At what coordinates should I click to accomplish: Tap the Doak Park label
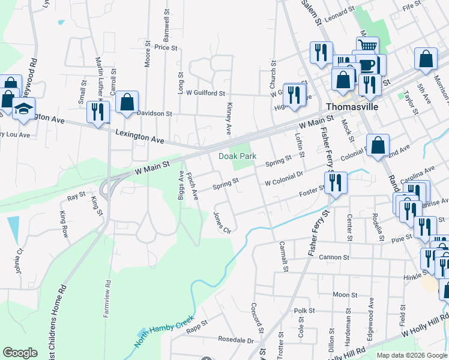coord(237,156)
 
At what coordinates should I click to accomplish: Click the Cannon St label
coord(334,257)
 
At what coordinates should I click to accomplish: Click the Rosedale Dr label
coord(236,340)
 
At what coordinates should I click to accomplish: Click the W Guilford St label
coord(205,93)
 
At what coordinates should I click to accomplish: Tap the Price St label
coord(166,47)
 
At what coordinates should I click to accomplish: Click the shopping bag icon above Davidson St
coord(127,102)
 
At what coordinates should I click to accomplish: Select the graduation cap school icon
coord(23,109)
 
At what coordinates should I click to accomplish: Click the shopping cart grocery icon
coord(367,46)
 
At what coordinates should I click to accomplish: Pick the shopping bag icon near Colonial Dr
coord(378,145)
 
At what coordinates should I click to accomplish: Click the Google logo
coord(20,353)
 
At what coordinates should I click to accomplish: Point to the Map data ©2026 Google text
coord(411,355)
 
